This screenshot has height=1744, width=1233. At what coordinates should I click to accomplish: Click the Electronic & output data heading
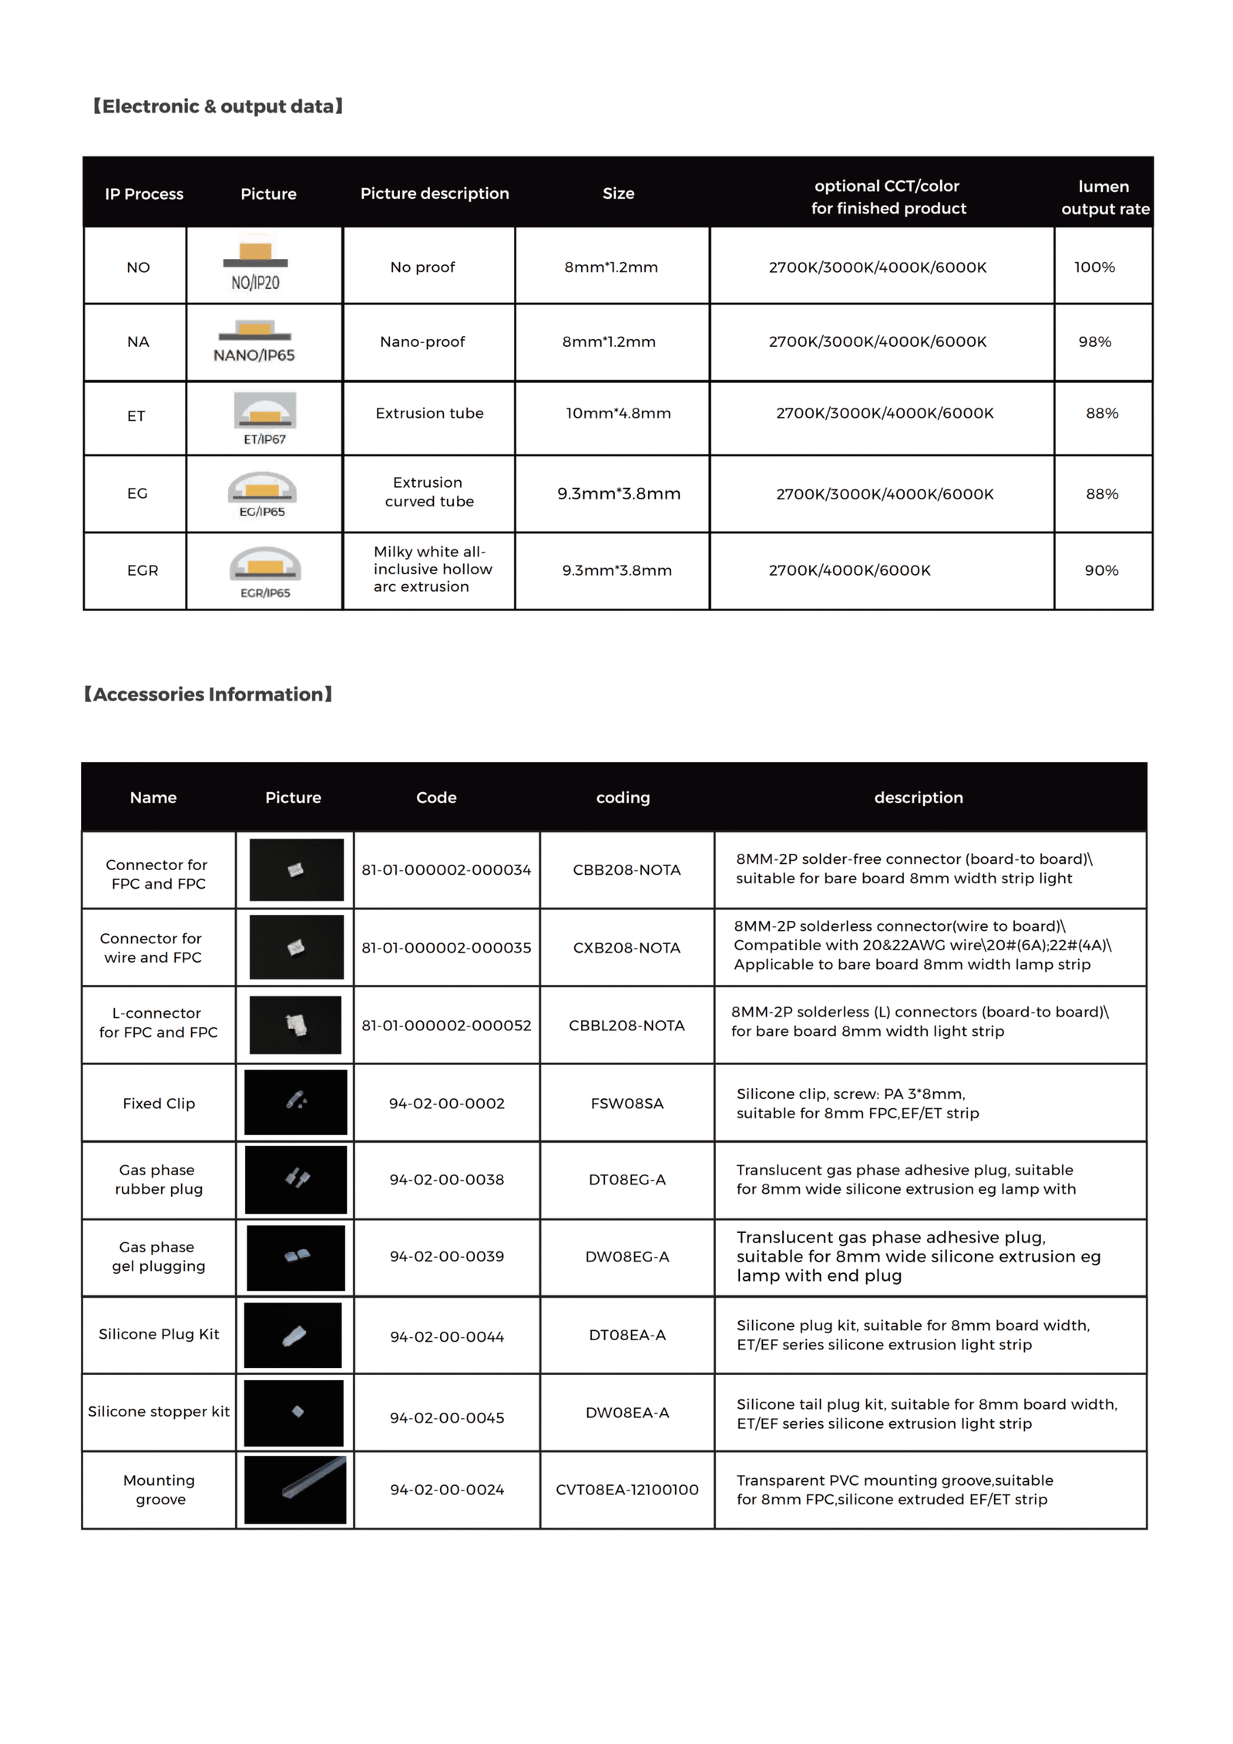217,106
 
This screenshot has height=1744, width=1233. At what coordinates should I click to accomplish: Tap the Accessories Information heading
207,694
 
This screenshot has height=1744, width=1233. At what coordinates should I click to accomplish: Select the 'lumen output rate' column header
1104,197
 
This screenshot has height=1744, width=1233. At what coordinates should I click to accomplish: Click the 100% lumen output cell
1094,267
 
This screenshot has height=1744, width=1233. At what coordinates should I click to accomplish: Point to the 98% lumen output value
1094,341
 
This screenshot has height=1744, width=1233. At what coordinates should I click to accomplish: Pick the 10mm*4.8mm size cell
618,413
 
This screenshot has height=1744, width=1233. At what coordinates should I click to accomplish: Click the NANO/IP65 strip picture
254,341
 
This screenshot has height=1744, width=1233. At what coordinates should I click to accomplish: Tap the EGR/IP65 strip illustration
264,571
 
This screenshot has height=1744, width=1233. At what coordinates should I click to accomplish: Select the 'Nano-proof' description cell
422,341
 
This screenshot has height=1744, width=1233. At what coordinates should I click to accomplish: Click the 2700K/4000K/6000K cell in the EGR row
849,570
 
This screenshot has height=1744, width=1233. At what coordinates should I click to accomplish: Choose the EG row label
137,493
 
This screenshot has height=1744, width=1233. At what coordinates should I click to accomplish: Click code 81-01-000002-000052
446,1025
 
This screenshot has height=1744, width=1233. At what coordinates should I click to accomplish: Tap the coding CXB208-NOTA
627,948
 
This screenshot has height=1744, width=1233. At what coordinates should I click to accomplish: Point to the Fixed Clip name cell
159,1104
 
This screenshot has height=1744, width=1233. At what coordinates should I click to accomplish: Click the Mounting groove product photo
295,1490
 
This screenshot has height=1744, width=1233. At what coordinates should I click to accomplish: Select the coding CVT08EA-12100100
627,1490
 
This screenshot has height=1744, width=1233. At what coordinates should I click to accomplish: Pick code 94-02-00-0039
446,1257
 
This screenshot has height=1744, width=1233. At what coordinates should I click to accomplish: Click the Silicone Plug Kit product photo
294,1336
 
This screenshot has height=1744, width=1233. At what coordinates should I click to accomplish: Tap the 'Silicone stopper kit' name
159,1411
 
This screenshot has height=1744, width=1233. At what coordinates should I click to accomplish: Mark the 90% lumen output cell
1101,570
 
